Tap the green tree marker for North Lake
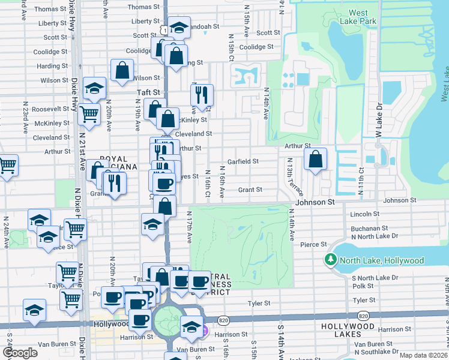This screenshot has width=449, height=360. click(x=330, y=260)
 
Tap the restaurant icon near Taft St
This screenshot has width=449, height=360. click(x=201, y=94)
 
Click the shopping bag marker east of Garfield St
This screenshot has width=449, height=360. click(x=315, y=160)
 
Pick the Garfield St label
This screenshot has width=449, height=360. click(x=243, y=161)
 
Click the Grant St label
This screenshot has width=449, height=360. click(x=250, y=190)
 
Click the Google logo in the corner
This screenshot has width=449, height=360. click(x=20, y=353)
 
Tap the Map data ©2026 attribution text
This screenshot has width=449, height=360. click(x=423, y=355)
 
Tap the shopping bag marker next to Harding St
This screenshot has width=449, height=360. click(x=122, y=70)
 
